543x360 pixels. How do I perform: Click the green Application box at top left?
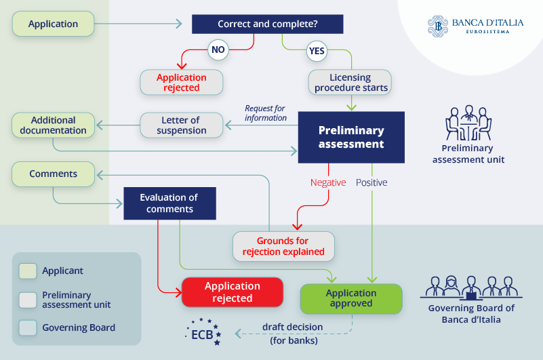(53, 24)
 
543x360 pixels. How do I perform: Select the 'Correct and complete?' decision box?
(267, 24)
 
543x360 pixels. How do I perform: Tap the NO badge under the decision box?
(218, 49)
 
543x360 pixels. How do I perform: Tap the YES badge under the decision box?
(317, 51)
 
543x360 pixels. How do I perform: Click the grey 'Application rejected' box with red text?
(182, 82)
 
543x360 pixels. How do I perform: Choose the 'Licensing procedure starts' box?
(350, 82)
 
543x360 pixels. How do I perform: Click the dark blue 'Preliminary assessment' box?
(351, 137)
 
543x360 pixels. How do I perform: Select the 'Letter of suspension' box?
(182, 125)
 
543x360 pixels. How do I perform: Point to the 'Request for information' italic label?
(266, 113)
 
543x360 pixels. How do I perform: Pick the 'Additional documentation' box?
(53, 125)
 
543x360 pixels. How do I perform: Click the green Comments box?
(53, 174)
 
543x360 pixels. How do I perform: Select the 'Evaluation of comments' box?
(169, 203)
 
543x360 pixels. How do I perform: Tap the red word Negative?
(328, 182)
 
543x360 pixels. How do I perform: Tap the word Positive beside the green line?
(371, 182)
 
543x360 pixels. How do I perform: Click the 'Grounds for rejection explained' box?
(283, 246)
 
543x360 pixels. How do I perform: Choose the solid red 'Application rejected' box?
(232, 292)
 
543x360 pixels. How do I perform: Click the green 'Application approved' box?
(350, 298)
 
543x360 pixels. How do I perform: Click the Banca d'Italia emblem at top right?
(438, 26)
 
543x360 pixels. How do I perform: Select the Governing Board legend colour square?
(28, 327)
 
